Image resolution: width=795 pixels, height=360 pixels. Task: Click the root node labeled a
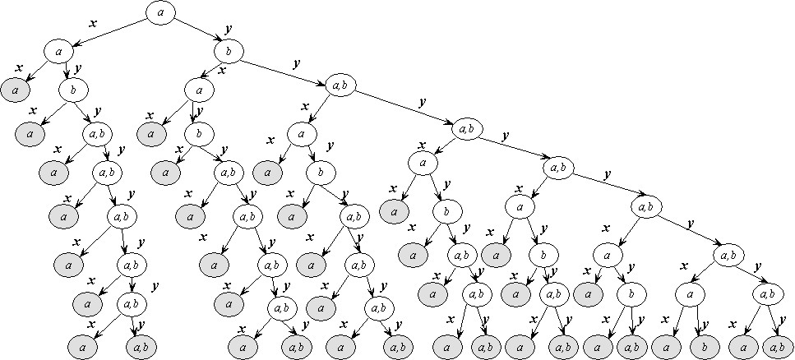coord(160,12)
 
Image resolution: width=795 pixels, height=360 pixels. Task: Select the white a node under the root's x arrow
coord(58,52)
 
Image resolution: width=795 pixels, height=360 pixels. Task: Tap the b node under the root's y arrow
coord(228,52)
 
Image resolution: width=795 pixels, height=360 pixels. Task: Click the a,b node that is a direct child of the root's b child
coord(338,85)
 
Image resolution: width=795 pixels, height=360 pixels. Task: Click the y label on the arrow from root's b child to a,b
coord(294,63)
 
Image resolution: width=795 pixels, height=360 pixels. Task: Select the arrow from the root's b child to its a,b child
coord(283,69)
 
